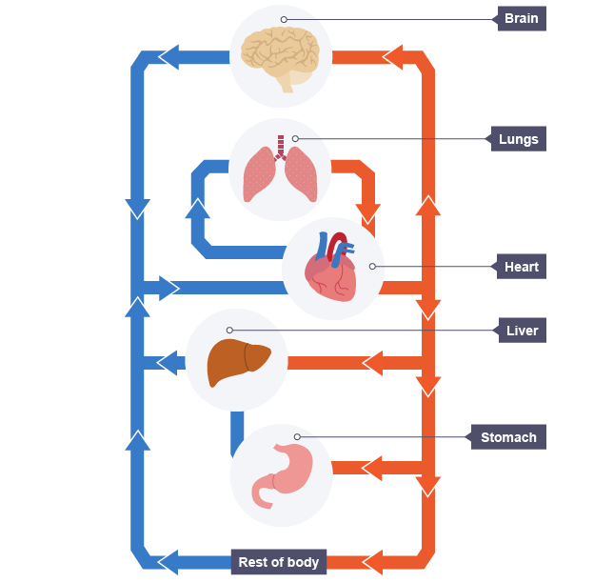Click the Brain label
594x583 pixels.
coord(522,19)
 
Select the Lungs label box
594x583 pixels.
coord(519,139)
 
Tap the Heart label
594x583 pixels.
coord(522,267)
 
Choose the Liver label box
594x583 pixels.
coord(522,332)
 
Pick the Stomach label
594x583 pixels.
coord(508,438)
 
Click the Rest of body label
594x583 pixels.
coord(278,562)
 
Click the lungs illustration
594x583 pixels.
coord(280,171)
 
